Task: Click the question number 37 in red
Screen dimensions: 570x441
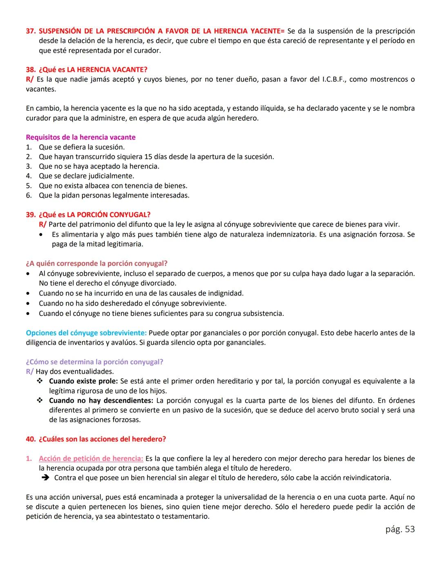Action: [30, 31]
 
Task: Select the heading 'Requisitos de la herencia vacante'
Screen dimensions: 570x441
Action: [80, 137]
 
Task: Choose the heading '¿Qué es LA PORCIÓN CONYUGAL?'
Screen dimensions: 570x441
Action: [95, 215]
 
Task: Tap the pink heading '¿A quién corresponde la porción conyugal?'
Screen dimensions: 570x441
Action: [96, 264]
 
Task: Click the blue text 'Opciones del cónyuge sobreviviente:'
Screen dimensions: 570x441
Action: [86, 333]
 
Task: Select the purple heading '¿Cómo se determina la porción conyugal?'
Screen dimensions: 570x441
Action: [94, 362]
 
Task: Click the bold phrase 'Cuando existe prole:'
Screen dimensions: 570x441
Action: [83, 381]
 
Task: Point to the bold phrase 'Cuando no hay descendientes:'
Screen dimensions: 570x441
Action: [101, 400]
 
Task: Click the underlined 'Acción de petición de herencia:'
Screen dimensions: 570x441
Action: [91, 459]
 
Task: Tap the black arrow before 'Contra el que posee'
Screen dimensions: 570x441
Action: [45, 478]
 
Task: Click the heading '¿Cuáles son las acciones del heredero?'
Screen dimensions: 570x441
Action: [102, 439]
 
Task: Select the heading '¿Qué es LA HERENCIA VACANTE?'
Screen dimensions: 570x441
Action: [93, 69]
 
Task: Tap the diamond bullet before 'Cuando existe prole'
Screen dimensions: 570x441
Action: [40, 381]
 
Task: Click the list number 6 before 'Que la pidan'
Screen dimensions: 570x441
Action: [29, 195]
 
